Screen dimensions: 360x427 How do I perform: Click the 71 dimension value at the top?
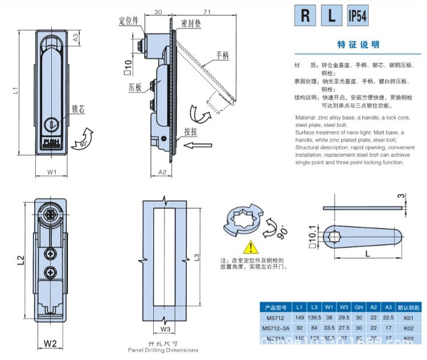tap(192, 11)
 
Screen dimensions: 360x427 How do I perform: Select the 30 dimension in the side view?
tap(158, 11)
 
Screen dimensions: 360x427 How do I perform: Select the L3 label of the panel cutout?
tap(196, 258)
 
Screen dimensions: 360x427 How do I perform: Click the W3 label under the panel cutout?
tap(165, 328)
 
